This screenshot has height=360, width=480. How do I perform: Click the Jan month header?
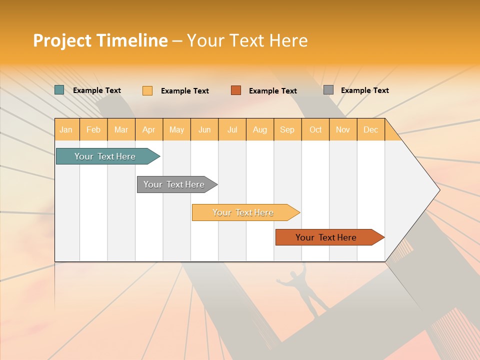pyautogui.click(x=66, y=129)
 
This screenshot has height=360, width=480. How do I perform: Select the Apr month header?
pyautogui.click(x=149, y=129)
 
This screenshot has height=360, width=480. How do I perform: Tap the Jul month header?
pyautogui.click(x=232, y=129)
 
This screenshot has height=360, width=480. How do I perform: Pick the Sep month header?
pyautogui.click(x=287, y=129)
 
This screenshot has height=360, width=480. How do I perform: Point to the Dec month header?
pyautogui.click(x=370, y=129)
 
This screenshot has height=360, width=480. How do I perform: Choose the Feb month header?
pyautogui.click(x=93, y=129)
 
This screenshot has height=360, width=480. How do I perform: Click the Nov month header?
pyautogui.click(x=343, y=129)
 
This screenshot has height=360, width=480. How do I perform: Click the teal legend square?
pyautogui.click(x=59, y=90)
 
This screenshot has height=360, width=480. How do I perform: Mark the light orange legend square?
pyautogui.click(x=147, y=90)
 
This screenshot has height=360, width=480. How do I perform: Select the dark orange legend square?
pyautogui.click(x=236, y=90)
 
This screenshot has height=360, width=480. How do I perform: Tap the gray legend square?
pyautogui.click(x=328, y=90)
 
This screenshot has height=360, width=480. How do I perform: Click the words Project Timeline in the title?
pyautogui.click(x=100, y=40)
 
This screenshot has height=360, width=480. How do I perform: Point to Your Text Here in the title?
pyautogui.click(x=247, y=40)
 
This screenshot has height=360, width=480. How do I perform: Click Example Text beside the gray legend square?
pyautogui.click(x=364, y=90)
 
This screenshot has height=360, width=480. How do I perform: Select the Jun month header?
pyautogui.click(x=204, y=129)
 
